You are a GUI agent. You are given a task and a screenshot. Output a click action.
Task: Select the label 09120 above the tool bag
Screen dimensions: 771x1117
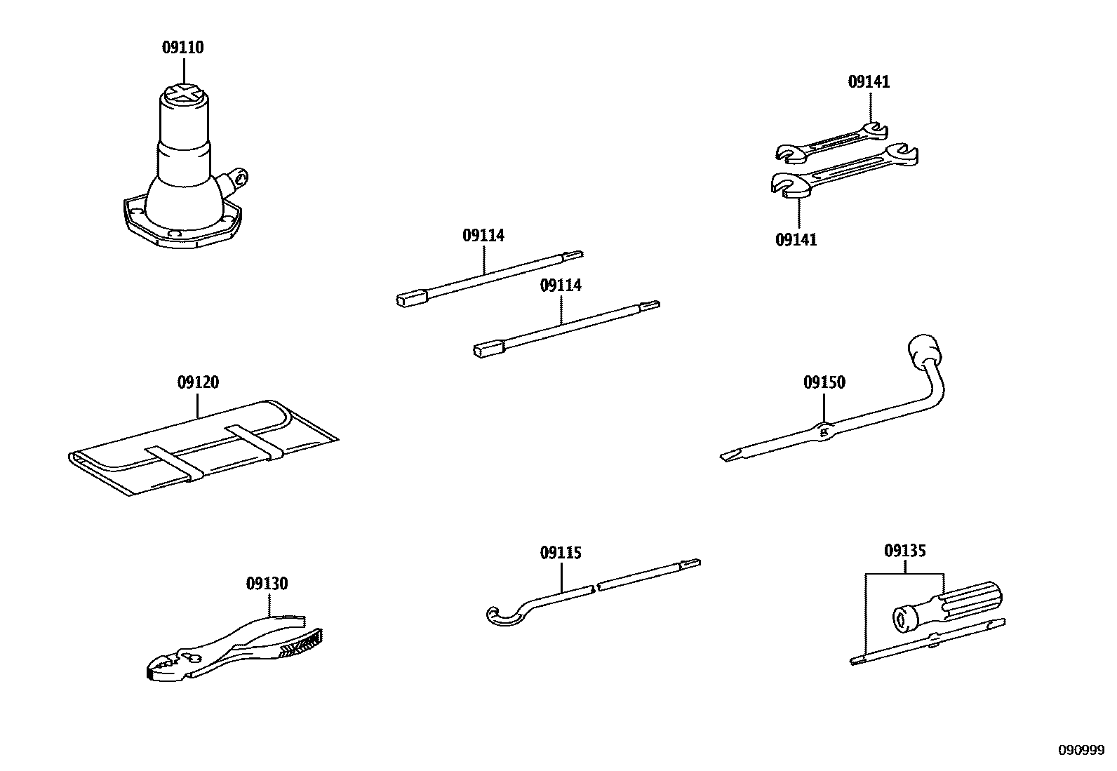[198, 383]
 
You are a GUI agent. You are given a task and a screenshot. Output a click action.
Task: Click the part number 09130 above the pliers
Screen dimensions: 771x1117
[267, 584]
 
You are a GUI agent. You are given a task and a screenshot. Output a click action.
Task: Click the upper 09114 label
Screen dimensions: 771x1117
[483, 236]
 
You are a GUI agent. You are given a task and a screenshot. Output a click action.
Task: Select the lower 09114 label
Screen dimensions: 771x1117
[561, 286]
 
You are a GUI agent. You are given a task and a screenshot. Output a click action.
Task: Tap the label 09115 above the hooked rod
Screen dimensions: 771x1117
[561, 554]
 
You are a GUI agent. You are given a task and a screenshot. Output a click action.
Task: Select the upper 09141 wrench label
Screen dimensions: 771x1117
[869, 82]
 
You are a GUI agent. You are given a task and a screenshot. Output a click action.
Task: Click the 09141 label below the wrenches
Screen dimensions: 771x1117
[796, 240]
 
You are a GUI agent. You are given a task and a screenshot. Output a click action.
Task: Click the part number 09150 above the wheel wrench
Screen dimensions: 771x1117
[824, 383]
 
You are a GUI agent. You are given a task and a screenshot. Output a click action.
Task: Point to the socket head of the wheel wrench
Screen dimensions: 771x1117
[921, 349]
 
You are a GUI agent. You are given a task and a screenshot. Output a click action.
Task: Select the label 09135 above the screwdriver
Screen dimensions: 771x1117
[904, 551]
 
